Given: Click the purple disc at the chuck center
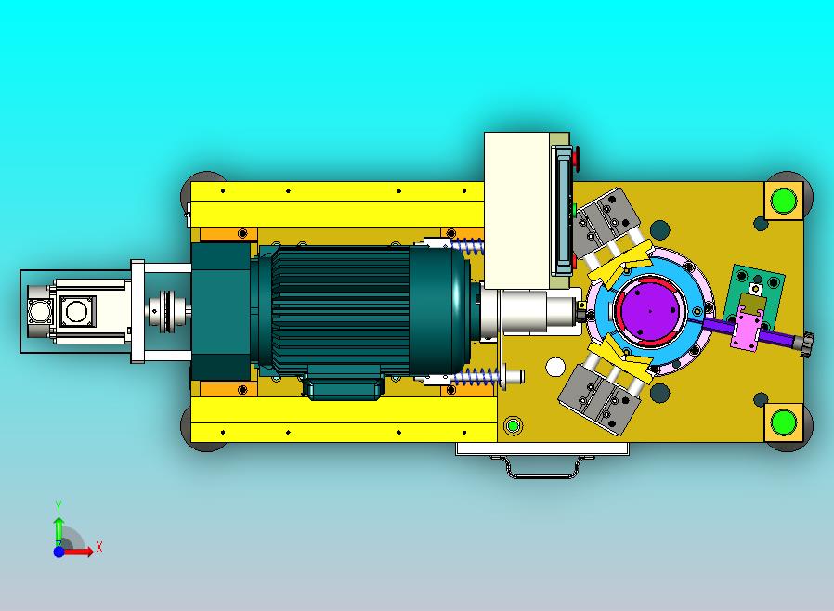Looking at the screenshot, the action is point(650,310).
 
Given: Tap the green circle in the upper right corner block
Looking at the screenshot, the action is point(784,200).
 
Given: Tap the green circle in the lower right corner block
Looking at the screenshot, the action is point(784,422).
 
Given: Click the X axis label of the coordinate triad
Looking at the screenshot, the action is point(99,547).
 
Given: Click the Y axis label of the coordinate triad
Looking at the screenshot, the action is point(59,506).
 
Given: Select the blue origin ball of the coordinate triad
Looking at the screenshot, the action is point(59,552).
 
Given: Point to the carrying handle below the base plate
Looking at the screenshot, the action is point(543,467).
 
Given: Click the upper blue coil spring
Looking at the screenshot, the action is point(467,245).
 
